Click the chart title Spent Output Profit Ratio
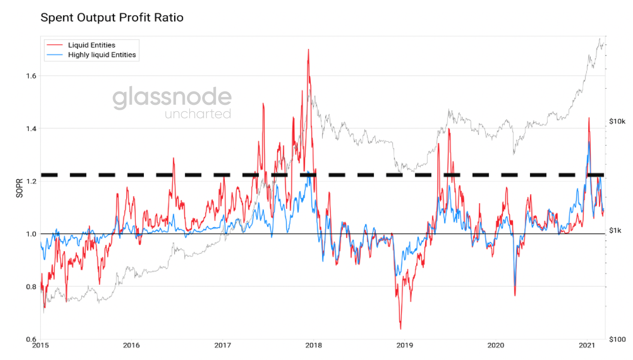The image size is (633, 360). [111, 18]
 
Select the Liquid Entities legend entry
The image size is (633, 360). [91, 45]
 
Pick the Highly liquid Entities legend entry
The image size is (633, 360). [102, 55]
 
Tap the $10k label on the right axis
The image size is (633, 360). [617, 121]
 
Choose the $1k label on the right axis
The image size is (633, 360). [616, 230]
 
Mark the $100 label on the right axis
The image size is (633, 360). [617, 340]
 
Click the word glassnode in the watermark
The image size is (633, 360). [171, 98]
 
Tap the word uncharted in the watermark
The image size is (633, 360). [198, 114]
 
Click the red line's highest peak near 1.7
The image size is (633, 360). [308, 49]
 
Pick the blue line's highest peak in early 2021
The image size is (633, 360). [589, 142]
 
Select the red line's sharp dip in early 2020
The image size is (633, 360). [515, 296]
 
